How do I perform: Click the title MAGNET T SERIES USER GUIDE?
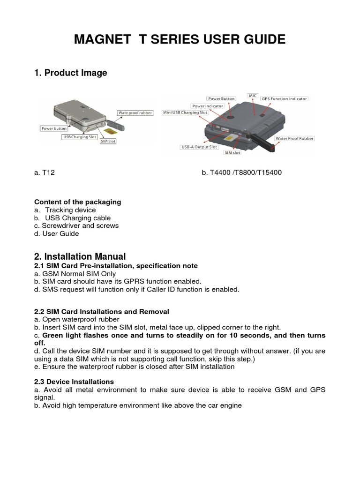(x=180, y=40)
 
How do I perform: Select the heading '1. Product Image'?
(x=70, y=73)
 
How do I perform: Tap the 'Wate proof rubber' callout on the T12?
(x=135, y=113)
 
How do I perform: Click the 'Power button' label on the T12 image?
(x=53, y=128)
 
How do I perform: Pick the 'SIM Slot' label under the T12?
(x=108, y=142)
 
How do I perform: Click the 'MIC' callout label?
(x=253, y=95)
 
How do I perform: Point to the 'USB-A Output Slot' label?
(x=199, y=147)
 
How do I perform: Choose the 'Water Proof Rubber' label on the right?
(x=294, y=139)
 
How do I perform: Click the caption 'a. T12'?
(x=45, y=172)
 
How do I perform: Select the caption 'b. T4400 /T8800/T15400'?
(x=241, y=172)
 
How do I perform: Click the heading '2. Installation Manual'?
(x=80, y=256)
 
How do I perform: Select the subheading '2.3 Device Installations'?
(x=74, y=382)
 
